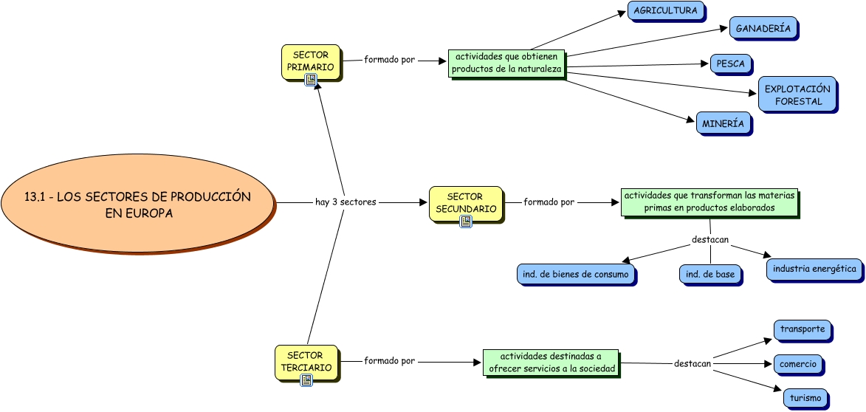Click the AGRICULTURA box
(x=665, y=11)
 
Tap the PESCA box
(x=730, y=64)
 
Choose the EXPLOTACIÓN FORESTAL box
(x=797, y=95)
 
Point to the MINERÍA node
(x=723, y=124)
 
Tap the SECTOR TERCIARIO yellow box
(x=305, y=361)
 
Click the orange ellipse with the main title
(x=137, y=202)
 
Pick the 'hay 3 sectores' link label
(x=346, y=202)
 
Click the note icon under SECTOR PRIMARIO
(x=311, y=79)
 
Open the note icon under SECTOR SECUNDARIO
(x=465, y=221)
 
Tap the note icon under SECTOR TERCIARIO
(x=306, y=380)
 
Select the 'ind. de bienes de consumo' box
(x=576, y=275)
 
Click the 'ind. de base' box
(x=710, y=275)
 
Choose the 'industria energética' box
(x=814, y=269)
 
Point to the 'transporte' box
(x=803, y=329)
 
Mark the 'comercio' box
(x=798, y=364)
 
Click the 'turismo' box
(x=805, y=399)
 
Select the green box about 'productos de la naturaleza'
(x=506, y=63)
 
